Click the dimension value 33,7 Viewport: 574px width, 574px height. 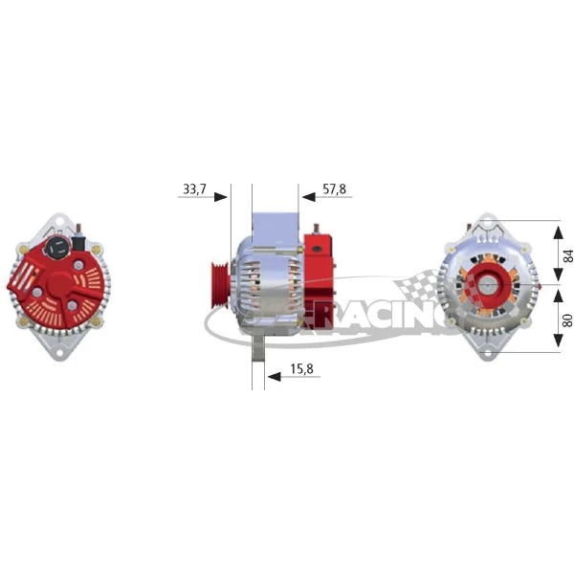(x=194, y=189)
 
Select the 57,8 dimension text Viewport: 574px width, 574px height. (x=334, y=189)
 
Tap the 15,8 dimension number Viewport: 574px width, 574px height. (x=301, y=368)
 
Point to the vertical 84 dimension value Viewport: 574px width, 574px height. (x=567, y=255)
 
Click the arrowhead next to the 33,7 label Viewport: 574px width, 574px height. (x=223, y=197)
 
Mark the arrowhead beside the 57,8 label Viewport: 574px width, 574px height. (x=308, y=197)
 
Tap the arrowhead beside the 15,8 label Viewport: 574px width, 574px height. (x=274, y=376)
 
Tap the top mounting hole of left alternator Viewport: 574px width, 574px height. (x=56, y=226)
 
